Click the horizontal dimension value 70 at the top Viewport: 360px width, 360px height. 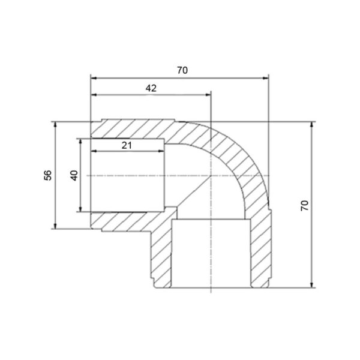pyautogui.click(x=182, y=70)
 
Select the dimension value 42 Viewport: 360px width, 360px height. pyautogui.click(x=151, y=88)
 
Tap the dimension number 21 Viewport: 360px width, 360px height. pyautogui.click(x=127, y=145)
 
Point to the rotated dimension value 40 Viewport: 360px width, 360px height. pyautogui.click(x=74, y=175)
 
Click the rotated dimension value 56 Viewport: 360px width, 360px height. pyautogui.click(x=48, y=175)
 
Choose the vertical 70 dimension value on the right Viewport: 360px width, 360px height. pyautogui.click(x=305, y=205)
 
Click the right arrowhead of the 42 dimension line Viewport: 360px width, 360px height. pyautogui.click(x=208, y=95)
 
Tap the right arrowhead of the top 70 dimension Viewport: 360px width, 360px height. pyautogui.click(x=265, y=78)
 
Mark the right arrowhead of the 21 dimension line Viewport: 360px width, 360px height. pyautogui.click(x=161, y=151)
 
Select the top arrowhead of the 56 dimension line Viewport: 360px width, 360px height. pyautogui.click(x=55, y=125)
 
